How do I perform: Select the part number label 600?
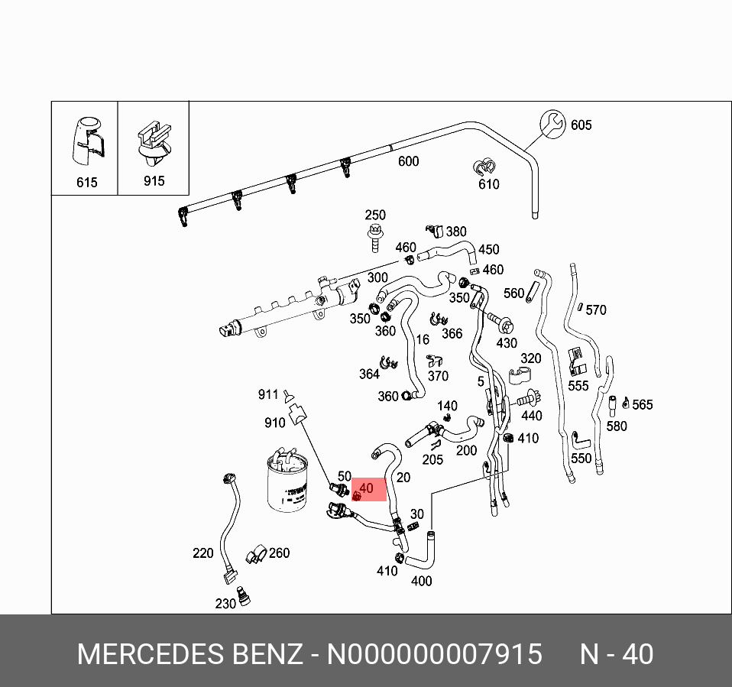pos(409,161)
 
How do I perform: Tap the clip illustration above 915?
pos(152,144)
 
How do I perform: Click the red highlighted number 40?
pos(366,488)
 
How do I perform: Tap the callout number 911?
pos(268,394)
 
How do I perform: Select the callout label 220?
pos(203,553)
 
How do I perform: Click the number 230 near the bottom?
pos(225,604)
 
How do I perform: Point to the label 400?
pos(421,581)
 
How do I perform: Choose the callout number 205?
pos(432,459)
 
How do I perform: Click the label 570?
pos(596,309)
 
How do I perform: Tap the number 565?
pos(643,404)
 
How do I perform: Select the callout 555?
pos(578,385)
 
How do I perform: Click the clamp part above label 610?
pos(484,167)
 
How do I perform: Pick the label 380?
pos(456,232)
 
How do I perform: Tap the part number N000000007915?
pos(435,655)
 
